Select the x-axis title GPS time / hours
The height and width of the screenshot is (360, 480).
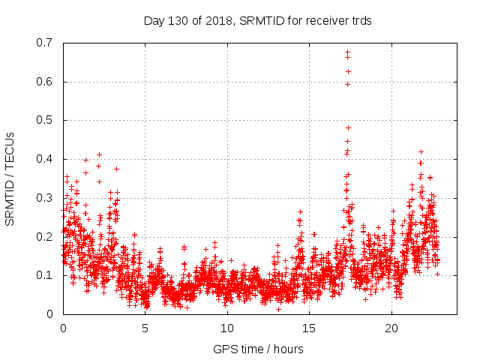pyautogui.click(x=259, y=349)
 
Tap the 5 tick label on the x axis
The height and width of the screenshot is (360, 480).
pyautogui.click(x=145, y=328)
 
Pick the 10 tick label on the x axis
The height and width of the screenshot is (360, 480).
pyautogui.click(x=227, y=328)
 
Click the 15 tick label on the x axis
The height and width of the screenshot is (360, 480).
pyautogui.click(x=310, y=328)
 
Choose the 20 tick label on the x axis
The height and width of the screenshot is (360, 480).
pyautogui.click(x=391, y=328)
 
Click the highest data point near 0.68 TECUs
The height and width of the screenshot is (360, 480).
pyautogui.click(x=347, y=52)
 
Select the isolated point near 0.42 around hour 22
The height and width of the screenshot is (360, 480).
pyautogui.click(x=421, y=151)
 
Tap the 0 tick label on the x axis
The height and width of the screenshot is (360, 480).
pyautogui.click(x=63, y=328)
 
